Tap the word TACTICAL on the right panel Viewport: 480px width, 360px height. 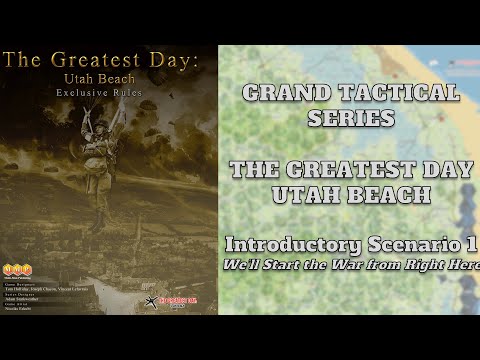tap(404, 95)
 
